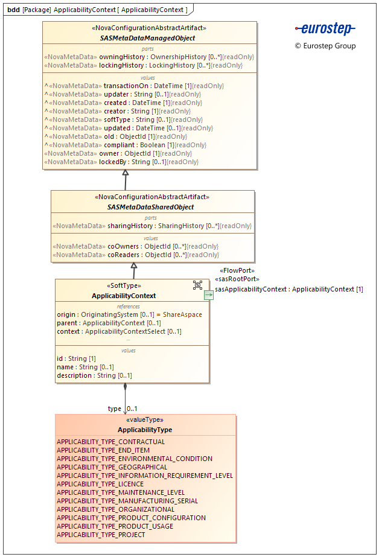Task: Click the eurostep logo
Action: coord(325,29)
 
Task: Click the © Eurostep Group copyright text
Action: coord(325,46)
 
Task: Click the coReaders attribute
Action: coord(136,255)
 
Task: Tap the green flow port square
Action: coord(208,295)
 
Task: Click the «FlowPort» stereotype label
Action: coord(237,271)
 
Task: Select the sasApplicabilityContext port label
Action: coord(289,289)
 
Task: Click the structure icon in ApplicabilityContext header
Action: coord(197,285)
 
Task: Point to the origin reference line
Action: coord(129,314)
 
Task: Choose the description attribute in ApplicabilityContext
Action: coord(94,375)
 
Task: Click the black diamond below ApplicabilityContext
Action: coord(125,387)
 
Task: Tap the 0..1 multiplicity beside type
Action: coord(132,409)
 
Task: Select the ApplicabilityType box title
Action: coord(145,430)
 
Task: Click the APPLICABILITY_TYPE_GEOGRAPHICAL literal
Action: coord(112,467)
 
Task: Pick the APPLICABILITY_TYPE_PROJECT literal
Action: coord(101,535)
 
